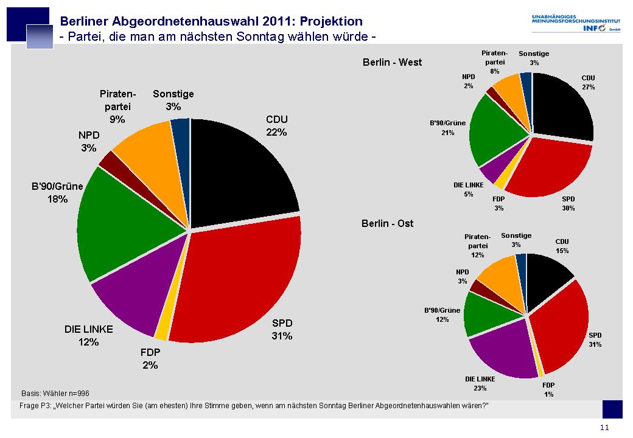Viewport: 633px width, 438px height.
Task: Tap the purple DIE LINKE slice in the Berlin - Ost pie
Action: pos(502,350)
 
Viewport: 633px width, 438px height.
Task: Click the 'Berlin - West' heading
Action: pos(392,62)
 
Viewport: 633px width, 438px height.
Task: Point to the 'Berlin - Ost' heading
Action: pos(388,223)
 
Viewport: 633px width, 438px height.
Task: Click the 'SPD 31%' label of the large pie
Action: pos(282,329)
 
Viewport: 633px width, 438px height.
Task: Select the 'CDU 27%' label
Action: pos(588,82)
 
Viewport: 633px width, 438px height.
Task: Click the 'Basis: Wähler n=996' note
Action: pos(55,393)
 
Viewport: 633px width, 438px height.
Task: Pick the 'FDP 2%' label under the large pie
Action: pos(150,358)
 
